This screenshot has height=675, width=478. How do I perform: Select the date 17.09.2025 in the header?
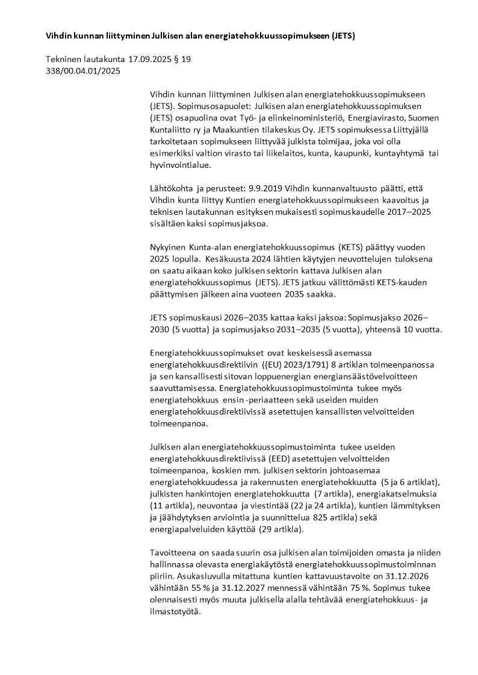154,60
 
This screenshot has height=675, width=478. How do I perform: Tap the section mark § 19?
184,60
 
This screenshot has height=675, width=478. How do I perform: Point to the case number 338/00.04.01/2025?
83,71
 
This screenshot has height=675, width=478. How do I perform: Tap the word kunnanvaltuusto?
338,187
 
